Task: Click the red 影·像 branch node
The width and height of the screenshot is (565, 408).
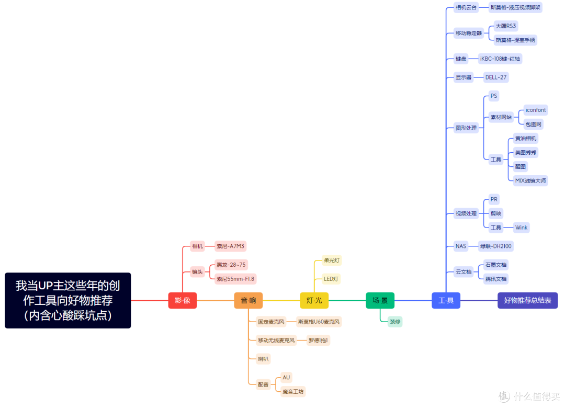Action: point(183,300)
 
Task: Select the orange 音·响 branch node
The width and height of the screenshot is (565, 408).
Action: point(248,300)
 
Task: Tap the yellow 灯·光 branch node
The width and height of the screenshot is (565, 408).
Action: point(314,300)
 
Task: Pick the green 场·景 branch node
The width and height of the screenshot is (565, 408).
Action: point(380,300)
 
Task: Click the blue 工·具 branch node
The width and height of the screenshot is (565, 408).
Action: point(446,300)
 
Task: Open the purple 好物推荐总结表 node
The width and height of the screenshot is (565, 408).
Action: point(527,300)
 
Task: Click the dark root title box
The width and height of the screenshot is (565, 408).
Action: point(67,300)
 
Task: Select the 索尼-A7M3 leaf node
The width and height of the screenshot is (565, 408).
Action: point(230,246)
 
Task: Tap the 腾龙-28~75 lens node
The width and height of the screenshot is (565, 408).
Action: point(231,265)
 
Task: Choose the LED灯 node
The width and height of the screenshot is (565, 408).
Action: point(331,279)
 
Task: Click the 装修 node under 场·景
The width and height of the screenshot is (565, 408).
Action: point(395,322)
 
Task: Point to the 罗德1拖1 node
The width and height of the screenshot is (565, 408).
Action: point(318,340)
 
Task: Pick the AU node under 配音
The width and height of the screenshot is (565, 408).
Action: point(286,377)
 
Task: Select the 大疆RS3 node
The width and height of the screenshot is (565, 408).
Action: point(505,26)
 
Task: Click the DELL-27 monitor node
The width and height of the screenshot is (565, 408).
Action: point(496,77)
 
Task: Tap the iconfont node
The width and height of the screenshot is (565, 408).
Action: point(536,110)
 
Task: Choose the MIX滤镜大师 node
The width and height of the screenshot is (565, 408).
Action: point(530,180)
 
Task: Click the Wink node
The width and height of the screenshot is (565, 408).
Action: point(521,228)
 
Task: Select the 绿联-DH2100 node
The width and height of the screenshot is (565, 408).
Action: point(495,246)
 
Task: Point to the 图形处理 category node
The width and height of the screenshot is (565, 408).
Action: point(466,128)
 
